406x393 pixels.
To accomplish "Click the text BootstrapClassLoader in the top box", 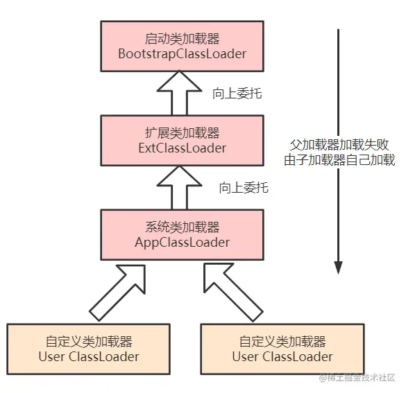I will coord(182,53).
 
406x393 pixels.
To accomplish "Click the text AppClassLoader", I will coord(182,243).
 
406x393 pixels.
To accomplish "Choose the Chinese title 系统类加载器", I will coord(182,227).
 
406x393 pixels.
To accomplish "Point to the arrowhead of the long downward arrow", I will coord(339,268).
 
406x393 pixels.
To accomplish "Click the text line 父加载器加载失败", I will coord(340,146).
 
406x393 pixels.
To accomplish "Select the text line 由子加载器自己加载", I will coord(340,161).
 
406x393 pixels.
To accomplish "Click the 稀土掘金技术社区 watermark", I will coord(361,378).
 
